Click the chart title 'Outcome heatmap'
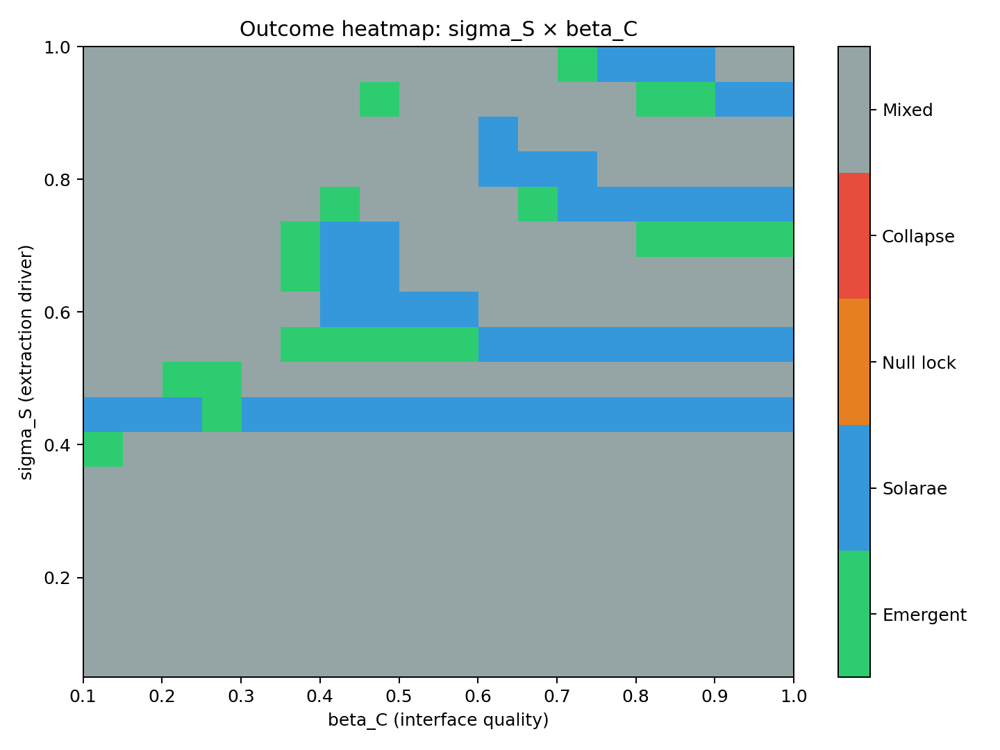pyautogui.click(x=438, y=29)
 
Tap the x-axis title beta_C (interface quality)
pyautogui.click(x=438, y=720)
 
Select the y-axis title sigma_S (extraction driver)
pyautogui.click(x=26, y=362)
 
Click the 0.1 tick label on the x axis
pyautogui.click(x=83, y=696)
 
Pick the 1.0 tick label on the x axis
pyautogui.click(x=793, y=696)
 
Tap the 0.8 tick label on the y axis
pyautogui.click(x=58, y=180)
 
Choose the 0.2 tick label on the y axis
pyautogui.click(x=58, y=578)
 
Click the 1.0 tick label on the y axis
pyautogui.click(x=58, y=47)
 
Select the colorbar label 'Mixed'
pyautogui.click(x=907, y=110)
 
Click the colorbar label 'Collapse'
pyautogui.click(x=918, y=237)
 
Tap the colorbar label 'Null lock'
pyautogui.click(x=919, y=363)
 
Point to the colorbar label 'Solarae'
pyautogui.click(x=915, y=489)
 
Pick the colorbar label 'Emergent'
pyautogui.click(x=924, y=615)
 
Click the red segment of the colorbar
pyautogui.click(x=853, y=236)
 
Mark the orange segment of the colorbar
pyautogui.click(x=853, y=362)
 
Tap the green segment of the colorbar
pyautogui.click(x=853, y=614)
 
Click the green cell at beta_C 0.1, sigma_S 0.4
pyautogui.click(x=103, y=449)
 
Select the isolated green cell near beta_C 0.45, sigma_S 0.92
pyautogui.click(x=379, y=99)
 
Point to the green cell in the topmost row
pyautogui.click(x=577, y=65)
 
